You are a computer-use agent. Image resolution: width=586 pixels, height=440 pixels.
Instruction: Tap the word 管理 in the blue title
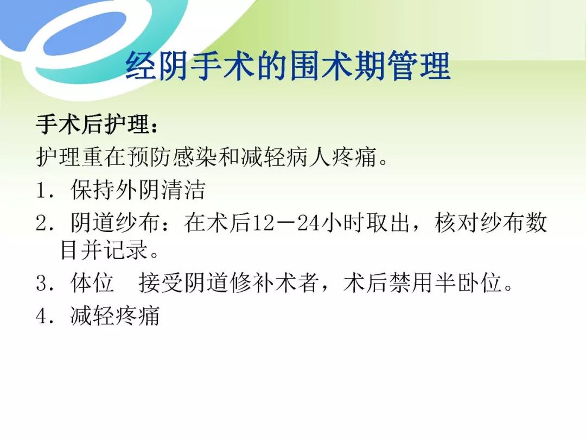[418, 67]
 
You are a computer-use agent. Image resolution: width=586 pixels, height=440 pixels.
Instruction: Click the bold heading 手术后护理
[93, 124]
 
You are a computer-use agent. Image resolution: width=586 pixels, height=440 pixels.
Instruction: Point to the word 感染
[195, 156]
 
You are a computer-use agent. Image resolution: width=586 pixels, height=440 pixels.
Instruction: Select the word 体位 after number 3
[92, 282]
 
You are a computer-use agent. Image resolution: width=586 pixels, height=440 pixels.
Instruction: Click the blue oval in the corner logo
[86, 34]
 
